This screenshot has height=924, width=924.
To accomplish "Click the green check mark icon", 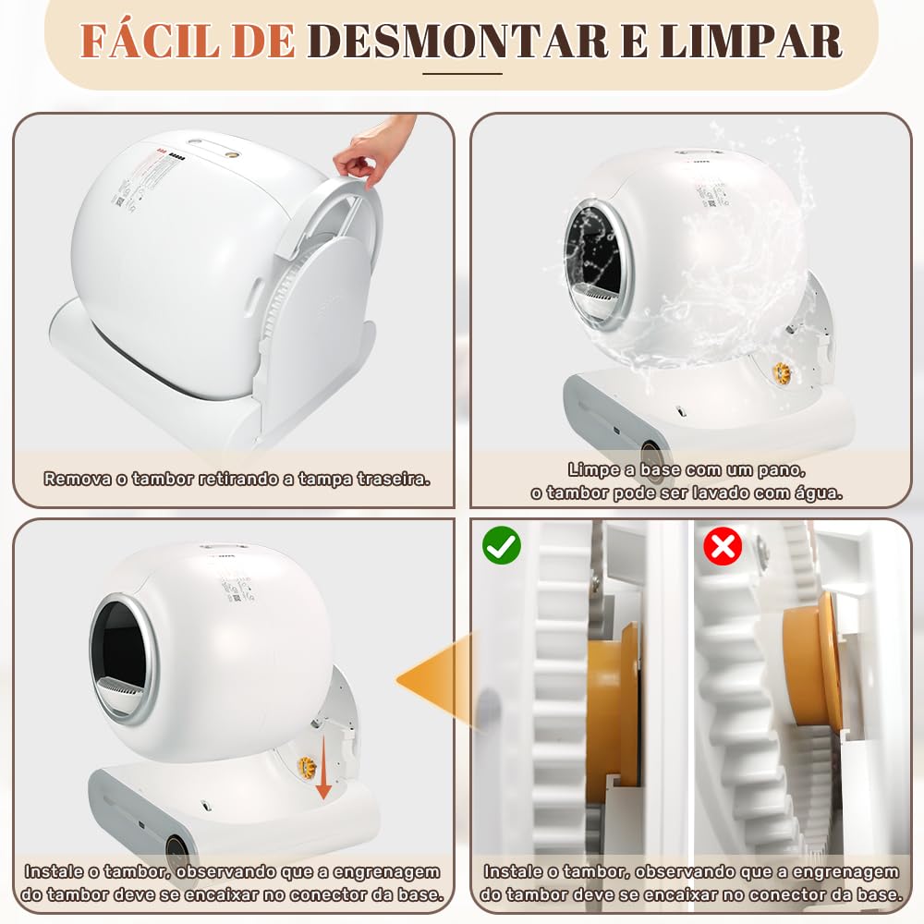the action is pyautogui.click(x=502, y=546).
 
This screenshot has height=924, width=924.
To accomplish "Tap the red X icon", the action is pyautogui.click(x=723, y=546).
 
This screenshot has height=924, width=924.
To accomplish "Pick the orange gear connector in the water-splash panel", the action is pyautogui.click(x=782, y=371).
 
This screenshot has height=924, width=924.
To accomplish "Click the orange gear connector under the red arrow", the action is pyautogui.click(x=307, y=767).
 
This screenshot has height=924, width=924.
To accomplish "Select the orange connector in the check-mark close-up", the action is pyautogui.click(x=613, y=713).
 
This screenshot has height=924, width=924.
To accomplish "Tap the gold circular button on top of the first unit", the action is pyautogui.click(x=232, y=155).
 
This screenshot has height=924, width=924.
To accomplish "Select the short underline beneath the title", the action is pyautogui.click(x=462, y=74).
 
